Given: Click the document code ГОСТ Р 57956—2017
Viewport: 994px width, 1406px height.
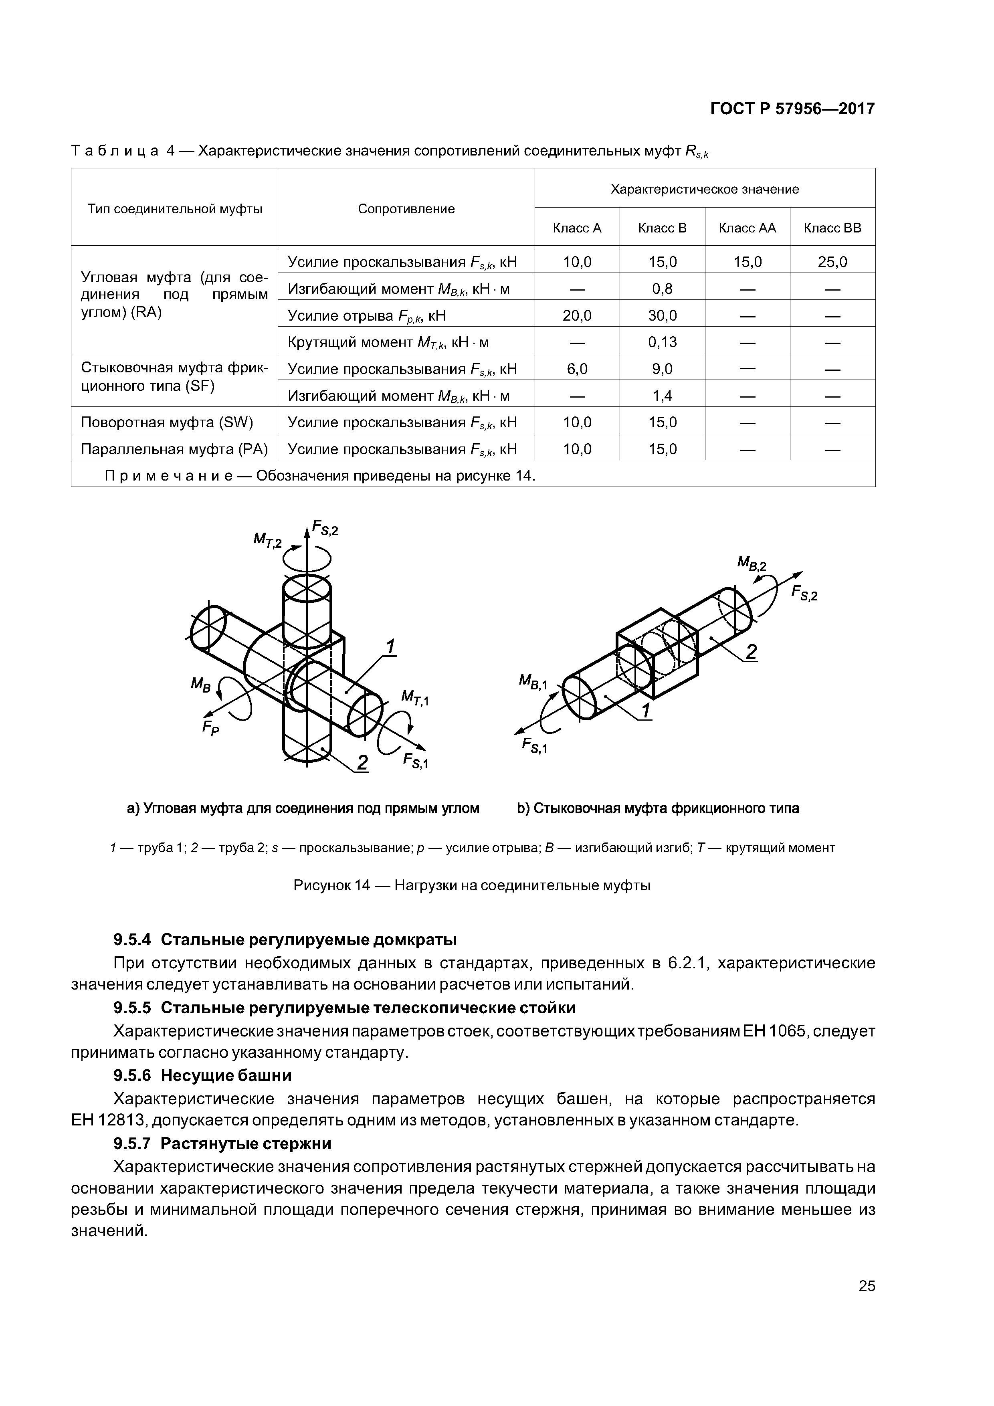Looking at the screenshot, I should [792, 109].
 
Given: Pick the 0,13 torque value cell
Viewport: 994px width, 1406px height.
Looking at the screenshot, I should [662, 342].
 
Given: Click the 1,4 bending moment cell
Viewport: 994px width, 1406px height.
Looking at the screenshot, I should [662, 396].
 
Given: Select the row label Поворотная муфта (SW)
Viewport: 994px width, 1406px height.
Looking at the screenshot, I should [167, 422].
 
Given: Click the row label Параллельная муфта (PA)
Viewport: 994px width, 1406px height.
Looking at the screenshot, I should [174, 449].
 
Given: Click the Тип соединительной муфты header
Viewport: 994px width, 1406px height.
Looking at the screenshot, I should [174, 209].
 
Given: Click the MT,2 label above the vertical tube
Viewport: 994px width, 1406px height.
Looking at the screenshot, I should [268, 540].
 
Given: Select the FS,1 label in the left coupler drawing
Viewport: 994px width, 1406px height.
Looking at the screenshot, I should [415, 761].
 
